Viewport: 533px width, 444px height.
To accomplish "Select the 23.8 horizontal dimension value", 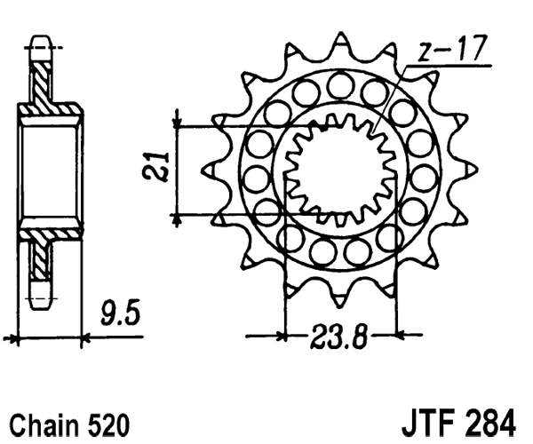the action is point(339,337).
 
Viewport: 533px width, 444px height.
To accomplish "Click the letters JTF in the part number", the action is point(427,424).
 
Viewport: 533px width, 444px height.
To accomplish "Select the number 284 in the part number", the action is point(489,424).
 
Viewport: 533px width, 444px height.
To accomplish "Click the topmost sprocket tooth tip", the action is point(339,33).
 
